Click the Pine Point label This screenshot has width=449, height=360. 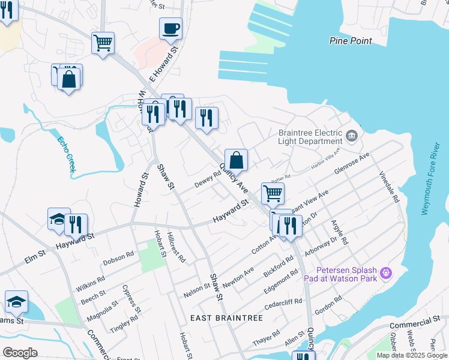tap(351, 41)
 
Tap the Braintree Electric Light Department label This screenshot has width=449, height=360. tap(310, 137)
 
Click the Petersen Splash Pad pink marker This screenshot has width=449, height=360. tap(385, 274)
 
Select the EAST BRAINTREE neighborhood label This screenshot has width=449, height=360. tap(227, 317)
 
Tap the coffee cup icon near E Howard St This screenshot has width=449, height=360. tap(170, 28)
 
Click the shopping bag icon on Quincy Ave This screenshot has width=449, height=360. tap(237, 160)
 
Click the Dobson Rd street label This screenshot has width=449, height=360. tap(118, 259)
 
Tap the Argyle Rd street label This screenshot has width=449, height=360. tap(340, 232)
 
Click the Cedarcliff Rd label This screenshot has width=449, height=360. tap(285, 307)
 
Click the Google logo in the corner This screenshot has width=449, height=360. tap(20, 353)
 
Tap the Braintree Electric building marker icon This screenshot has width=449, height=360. tap(352, 134)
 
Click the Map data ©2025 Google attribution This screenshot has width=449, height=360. tap(412, 355)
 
